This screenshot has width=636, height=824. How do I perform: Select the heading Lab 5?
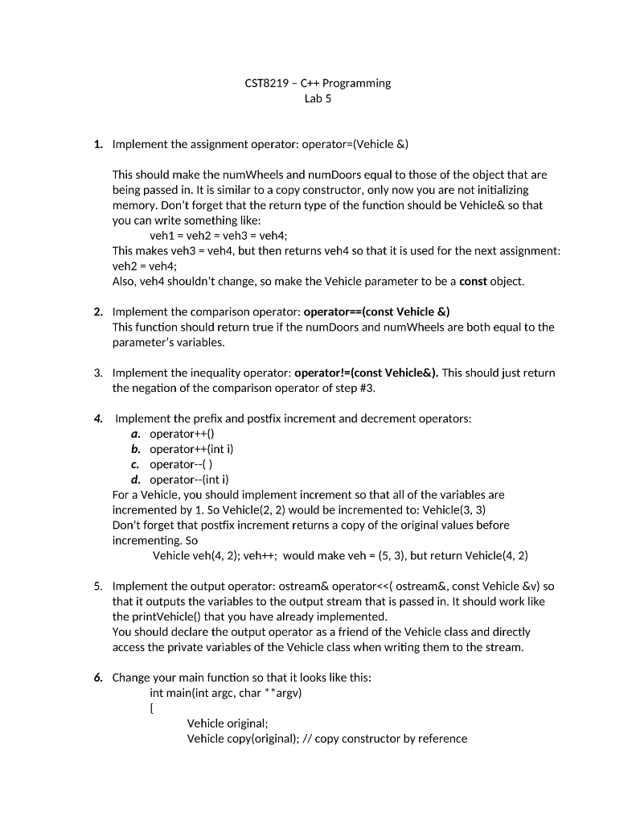pos(318,99)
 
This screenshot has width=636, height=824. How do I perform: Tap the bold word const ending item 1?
pos(474,282)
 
